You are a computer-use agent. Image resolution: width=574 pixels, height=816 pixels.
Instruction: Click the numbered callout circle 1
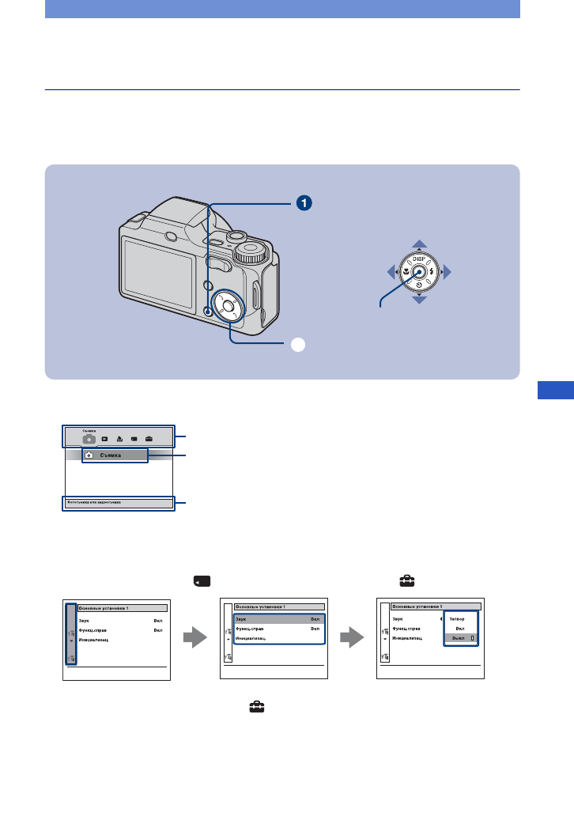[303, 203]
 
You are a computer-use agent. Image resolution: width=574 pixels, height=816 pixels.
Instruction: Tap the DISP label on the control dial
[420, 258]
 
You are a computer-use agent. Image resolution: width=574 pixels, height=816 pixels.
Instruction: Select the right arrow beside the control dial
[448, 273]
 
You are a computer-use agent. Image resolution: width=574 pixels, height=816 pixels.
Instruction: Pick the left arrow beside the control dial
[391, 273]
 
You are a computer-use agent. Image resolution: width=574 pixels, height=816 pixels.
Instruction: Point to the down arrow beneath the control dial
[420, 301]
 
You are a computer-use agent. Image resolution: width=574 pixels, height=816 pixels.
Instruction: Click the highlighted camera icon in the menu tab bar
[89, 436]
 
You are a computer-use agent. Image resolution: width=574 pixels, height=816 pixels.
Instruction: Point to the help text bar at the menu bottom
[118, 503]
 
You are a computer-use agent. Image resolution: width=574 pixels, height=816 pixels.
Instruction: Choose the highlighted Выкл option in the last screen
[459, 637]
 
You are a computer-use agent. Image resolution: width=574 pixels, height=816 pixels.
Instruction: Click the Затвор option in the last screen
[459, 618]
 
